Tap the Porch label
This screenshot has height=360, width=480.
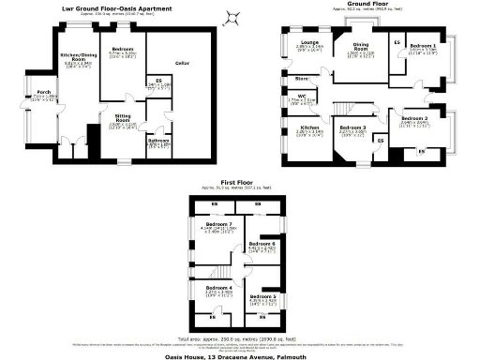coord(43,92)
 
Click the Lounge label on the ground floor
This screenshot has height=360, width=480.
coord(307,42)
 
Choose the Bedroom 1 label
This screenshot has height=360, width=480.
coord(422,45)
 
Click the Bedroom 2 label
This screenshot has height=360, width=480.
coord(413,118)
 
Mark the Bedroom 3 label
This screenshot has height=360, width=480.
coord(352,127)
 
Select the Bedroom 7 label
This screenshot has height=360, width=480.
coord(217,225)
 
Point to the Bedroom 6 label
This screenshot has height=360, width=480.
coord(262,243)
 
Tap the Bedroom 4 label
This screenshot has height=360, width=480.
coord(217,286)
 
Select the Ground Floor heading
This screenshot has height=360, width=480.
coord(367,5)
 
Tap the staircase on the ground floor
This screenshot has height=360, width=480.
coord(348,108)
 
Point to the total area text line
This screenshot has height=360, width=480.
coord(239,335)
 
